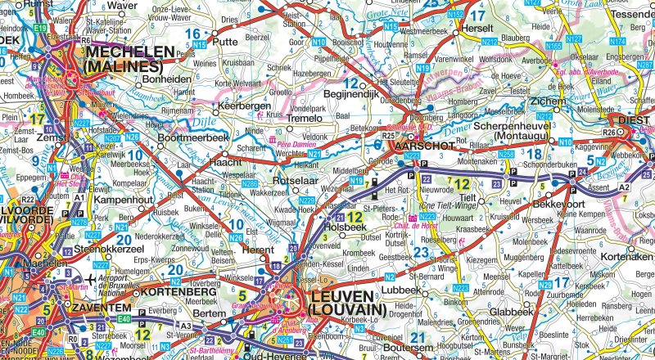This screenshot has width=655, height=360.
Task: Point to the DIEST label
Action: pyautogui.click(x=635, y=119)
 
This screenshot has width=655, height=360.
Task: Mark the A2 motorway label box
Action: pyautogui.click(x=624, y=187)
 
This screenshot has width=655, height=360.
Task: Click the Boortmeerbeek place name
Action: pyautogui.click(x=192, y=138)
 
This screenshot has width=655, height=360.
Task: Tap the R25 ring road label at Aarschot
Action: pyautogui.click(x=389, y=136)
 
